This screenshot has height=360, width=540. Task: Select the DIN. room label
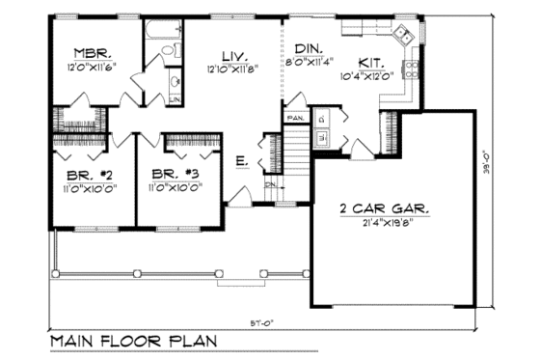[310, 48]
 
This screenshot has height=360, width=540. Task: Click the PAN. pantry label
[294, 118]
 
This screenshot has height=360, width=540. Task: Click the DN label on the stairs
[271, 183]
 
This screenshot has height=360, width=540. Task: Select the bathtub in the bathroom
[159, 32]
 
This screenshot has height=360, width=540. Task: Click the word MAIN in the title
[75, 341]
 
